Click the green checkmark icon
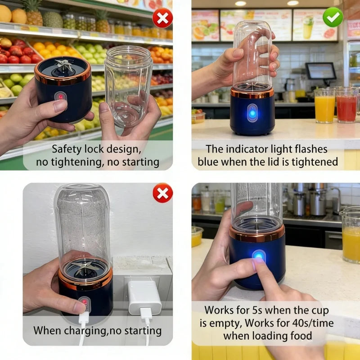click(x=333, y=17)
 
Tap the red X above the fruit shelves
click(x=162, y=18)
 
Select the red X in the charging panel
click(x=163, y=193)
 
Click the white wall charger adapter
click(x=144, y=297)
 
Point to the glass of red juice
click(x=346, y=106)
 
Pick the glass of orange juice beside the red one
click(x=324, y=106)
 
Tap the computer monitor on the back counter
click(x=321, y=71)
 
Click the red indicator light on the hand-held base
click(x=61, y=96)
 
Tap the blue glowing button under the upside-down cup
click(x=252, y=113)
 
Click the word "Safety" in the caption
click(x=67, y=149)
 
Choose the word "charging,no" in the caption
click(x=94, y=331)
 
